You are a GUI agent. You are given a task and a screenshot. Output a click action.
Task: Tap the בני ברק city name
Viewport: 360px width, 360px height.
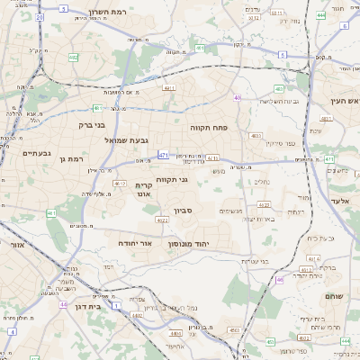[x=92, y=125]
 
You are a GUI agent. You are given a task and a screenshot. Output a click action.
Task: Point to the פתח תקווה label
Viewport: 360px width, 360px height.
[x=208, y=128]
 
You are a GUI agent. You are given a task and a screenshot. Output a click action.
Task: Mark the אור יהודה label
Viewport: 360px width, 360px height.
[x=137, y=243]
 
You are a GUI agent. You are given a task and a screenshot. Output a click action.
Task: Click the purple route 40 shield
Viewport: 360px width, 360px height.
[x=237, y=97]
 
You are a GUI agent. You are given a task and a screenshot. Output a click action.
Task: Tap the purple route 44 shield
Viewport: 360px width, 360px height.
[x=63, y=305]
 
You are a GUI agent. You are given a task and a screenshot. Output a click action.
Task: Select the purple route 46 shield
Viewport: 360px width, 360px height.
[x=280, y=280]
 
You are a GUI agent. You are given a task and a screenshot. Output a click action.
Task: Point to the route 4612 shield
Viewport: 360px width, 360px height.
[x=119, y=183]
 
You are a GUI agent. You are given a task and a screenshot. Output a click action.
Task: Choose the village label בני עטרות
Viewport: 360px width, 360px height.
[x=254, y=261]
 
